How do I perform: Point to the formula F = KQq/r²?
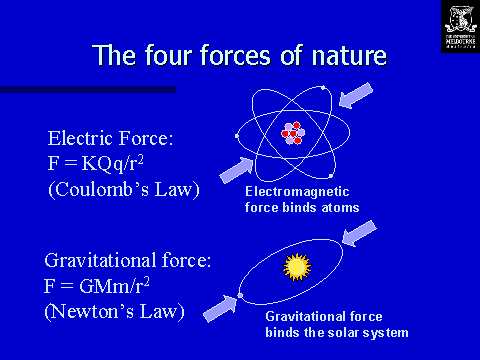pos(105,164)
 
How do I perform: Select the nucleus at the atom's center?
pos(293,133)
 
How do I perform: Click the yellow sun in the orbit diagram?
pos(295,266)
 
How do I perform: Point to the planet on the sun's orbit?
pos(240,295)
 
